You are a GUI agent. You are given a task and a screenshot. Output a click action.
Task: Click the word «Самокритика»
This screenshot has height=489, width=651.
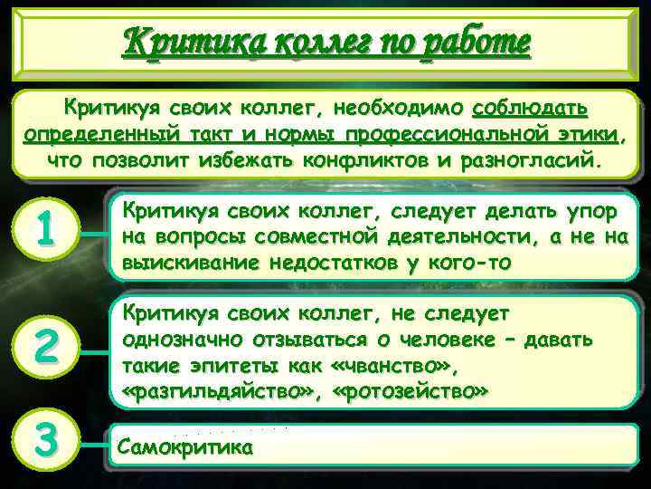click(185, 446)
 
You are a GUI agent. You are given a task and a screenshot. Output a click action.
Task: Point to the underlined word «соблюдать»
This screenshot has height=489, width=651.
click(531, 109)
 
